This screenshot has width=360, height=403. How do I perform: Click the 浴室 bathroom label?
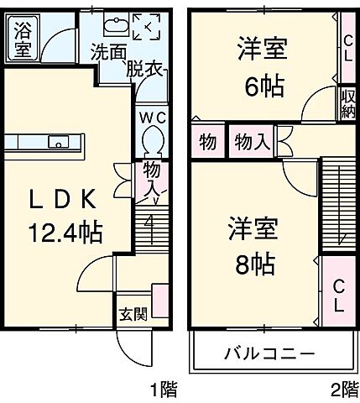[x=23, y=40]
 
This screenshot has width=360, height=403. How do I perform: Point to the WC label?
[x=152, y=117]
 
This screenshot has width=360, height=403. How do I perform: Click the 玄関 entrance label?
[x=133, y=315]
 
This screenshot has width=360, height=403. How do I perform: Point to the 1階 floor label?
[x=164, y=389]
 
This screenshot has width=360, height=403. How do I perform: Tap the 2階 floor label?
[x=342, y=389]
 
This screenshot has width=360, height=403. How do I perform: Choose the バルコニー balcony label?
[x=269, y=352]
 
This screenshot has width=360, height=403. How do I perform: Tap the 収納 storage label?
[x=347, y=103]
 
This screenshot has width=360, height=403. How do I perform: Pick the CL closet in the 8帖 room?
[x=338, y=296]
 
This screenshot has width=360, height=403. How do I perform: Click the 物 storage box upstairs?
[x=207, y=143]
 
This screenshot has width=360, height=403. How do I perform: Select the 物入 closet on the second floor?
[x=252, y=143]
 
